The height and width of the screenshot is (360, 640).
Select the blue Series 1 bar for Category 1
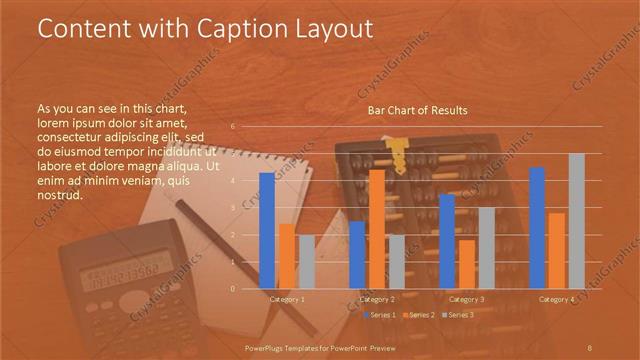coord(266,231)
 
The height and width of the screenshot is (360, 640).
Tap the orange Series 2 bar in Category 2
coord(376,229)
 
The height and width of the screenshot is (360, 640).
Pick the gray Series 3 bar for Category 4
coord(576,221)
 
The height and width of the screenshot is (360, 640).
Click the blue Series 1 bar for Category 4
coord(537,228)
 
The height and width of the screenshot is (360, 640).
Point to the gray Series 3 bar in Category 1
coord(306,262)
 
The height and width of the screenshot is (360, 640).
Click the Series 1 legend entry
coord(380,315)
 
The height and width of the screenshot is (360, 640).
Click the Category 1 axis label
coord(287,299)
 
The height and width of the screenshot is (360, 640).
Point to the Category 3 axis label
coord(466,299)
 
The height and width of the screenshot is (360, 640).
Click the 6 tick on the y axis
coord(233,127)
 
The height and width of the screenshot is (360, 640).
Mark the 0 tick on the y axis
coord(233,288)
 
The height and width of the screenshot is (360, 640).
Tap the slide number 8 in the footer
coord(591,346)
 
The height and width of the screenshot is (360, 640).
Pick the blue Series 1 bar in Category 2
coord(357,255)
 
